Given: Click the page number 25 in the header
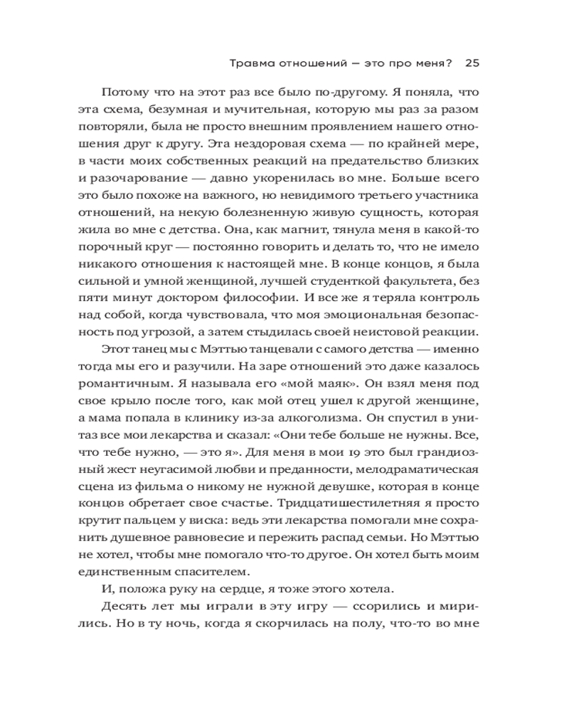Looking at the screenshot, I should coord(473,62).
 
